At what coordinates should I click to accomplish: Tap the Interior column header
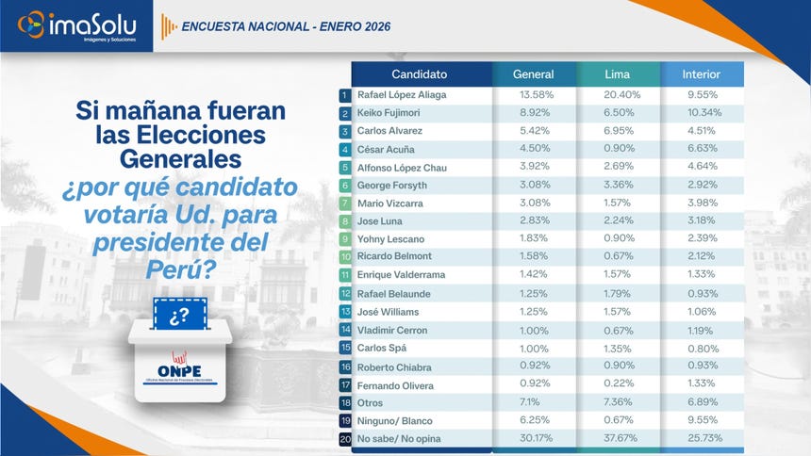click(x=703, y=74)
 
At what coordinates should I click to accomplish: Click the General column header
click(x=533, y=74)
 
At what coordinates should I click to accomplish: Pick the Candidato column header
click(x=420, y=74)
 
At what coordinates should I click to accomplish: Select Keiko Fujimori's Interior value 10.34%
click(x=703, y=113)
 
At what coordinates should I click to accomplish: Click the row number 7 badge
click(x=345, y=204)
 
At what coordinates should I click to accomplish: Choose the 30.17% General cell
click(x=533, y=439)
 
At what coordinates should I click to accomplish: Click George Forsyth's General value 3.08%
click(x=533, y=186)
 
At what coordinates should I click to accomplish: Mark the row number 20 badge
click(x=345, y=439)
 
